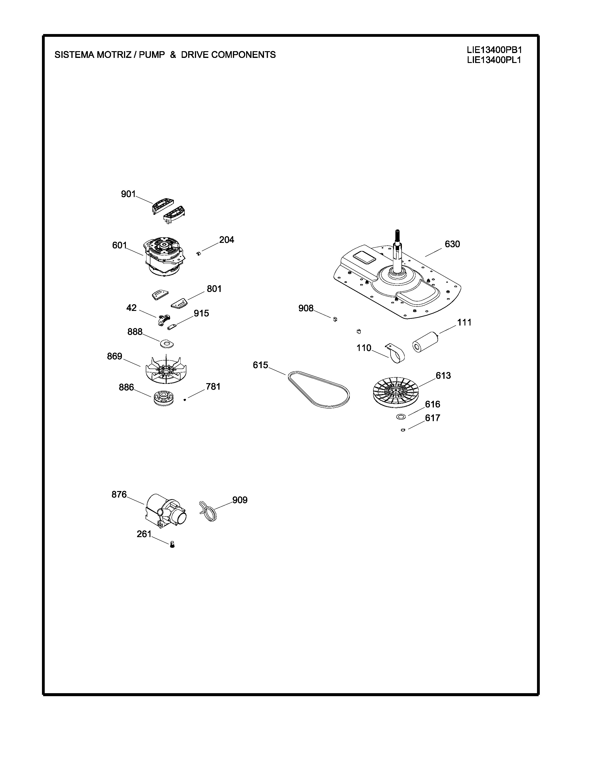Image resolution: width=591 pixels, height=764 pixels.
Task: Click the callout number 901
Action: (128, 194)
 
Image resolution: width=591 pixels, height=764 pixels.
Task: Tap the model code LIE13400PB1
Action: (494, 50)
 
